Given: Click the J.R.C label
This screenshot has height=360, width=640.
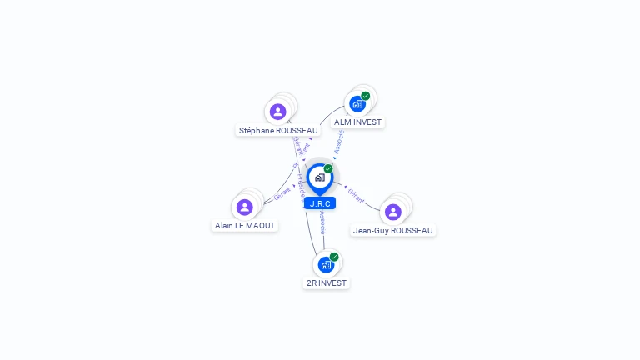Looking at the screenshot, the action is [x=320, y=203].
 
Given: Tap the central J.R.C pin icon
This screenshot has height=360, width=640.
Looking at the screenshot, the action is [x=320, y=177].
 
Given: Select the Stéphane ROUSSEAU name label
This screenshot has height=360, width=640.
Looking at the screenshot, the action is [x=278, y=131].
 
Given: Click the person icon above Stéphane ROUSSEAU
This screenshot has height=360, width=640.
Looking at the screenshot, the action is [x=278, y=112].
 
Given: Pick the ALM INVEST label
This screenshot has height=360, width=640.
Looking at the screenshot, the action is [x=357, y=122].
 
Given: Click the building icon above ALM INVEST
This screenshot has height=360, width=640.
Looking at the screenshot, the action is [x=357, y=104].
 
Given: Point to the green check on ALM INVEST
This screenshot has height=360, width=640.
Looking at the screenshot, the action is [x=366, y=96].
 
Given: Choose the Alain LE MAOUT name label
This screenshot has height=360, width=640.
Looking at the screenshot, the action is [x=245, y=226].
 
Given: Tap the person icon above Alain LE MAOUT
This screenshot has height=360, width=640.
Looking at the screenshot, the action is [x=245, y=207].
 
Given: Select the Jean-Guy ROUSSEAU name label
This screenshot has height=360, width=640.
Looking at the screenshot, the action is [x=393, y=231].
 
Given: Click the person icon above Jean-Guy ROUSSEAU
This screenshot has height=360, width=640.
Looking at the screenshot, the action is [x=393, y=212].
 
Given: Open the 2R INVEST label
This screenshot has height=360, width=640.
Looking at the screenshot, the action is [x=327, y=283].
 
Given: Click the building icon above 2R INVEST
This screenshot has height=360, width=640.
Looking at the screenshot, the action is [x=326, y=265].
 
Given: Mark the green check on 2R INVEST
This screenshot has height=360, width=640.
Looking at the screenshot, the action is [x=334, y=257].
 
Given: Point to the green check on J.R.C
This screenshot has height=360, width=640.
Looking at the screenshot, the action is [x=328, y=168].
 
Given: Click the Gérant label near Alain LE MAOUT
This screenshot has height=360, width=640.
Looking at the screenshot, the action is [x=283, y=194].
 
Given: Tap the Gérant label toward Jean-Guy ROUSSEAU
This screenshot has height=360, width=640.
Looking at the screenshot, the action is [x=357, y=197].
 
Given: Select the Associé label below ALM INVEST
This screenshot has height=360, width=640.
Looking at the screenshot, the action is [x=339, y=141].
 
